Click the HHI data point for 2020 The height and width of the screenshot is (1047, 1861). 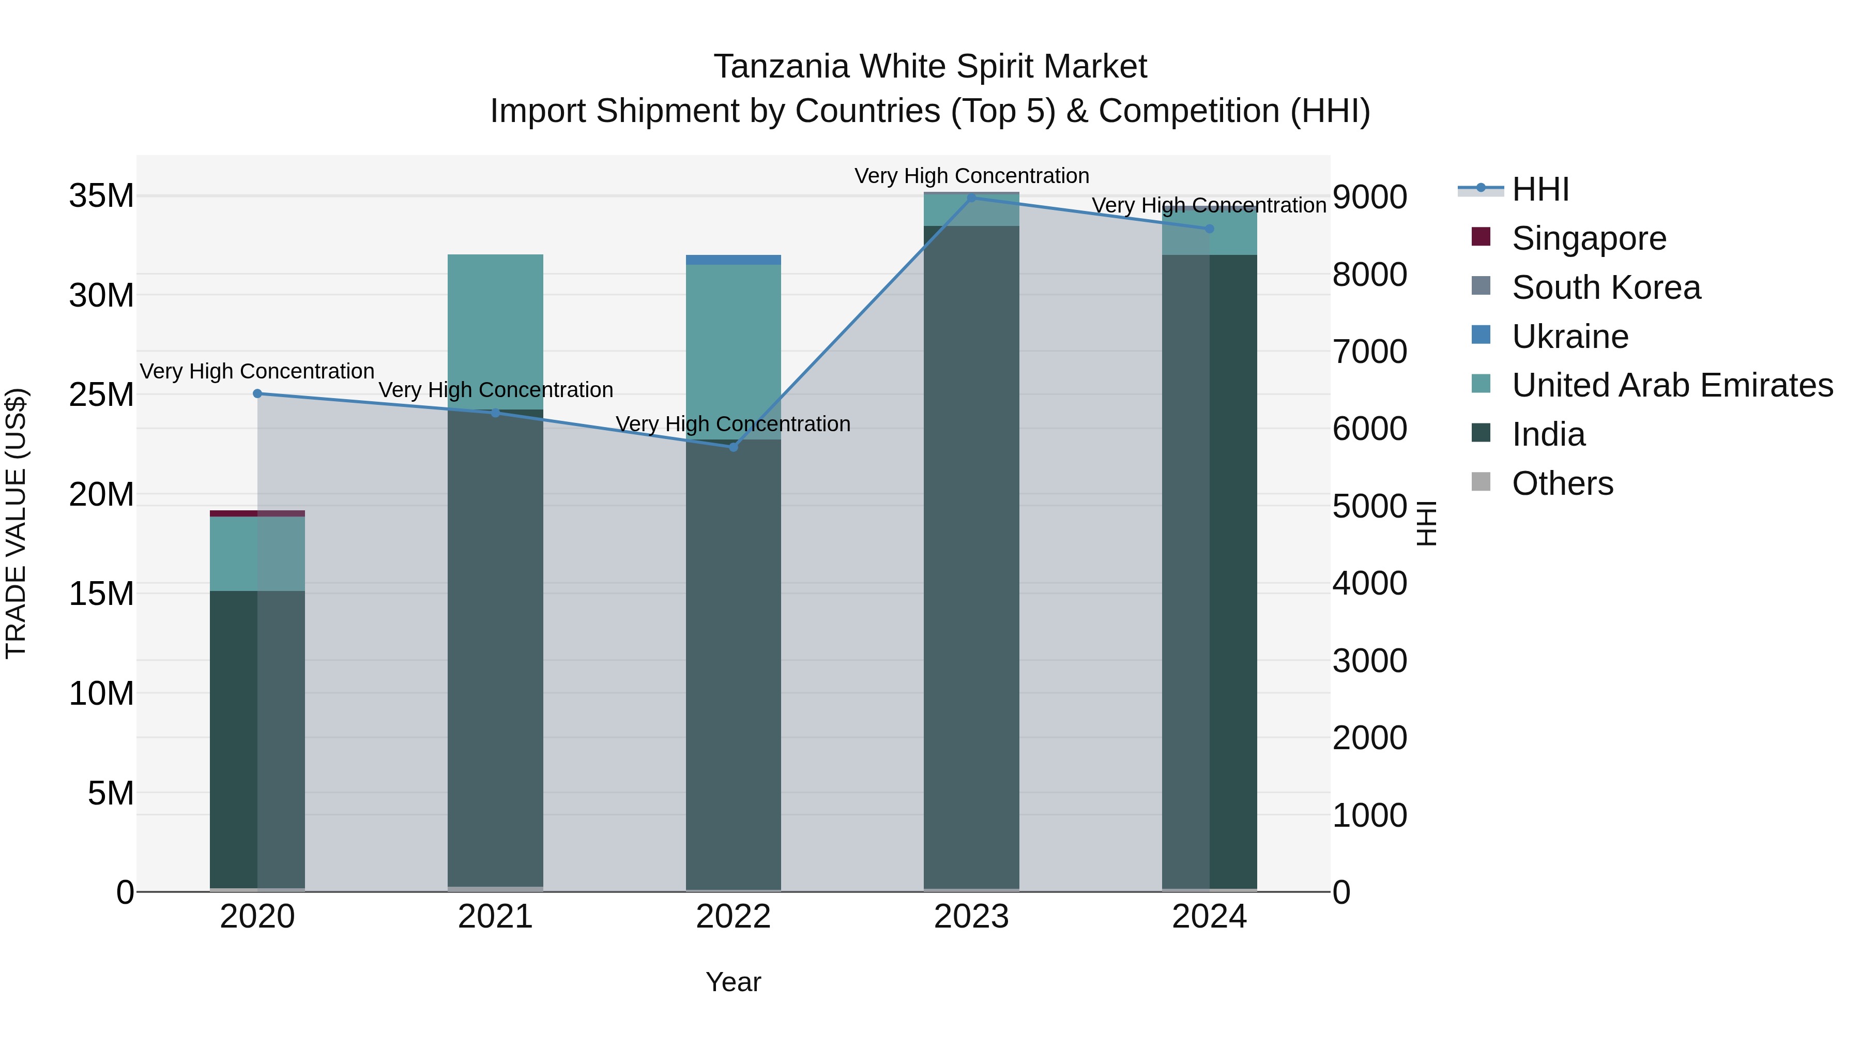257,394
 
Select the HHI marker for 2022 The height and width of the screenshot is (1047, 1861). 733,447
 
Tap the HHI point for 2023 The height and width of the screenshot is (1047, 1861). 972,198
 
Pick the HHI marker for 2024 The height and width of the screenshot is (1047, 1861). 1209,229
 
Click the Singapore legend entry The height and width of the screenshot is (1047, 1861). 1589,238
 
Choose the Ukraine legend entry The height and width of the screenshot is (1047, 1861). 1570,337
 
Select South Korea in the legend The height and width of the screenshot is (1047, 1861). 1606,287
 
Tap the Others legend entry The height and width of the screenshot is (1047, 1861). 1562,483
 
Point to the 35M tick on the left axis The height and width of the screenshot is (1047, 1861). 101,196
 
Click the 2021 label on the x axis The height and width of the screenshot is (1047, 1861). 496,917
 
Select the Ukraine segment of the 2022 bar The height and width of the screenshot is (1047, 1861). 733,260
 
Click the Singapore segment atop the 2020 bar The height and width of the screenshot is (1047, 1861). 257,514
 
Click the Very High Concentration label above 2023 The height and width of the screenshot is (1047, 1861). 972,176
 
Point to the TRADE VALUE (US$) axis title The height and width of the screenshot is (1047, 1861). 16,523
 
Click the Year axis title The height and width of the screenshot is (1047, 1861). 733,982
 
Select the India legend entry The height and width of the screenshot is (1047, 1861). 1548,435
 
